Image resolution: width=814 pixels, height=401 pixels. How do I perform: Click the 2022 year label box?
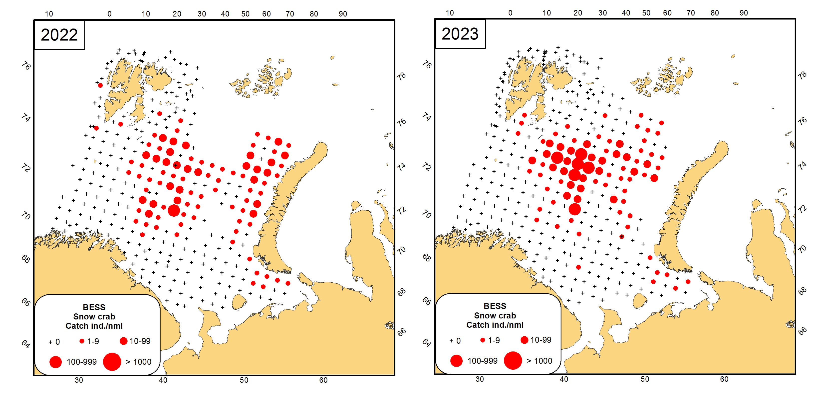point(59,35)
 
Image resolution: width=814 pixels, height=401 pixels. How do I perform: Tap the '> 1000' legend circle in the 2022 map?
point(112,361)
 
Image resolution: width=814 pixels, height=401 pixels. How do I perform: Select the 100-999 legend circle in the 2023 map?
point(456,361)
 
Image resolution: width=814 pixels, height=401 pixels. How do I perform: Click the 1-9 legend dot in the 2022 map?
point(82,341)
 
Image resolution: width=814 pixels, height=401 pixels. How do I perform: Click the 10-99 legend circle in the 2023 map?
point(524,340)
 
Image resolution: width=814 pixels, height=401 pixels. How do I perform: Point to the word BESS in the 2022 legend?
point(94,307)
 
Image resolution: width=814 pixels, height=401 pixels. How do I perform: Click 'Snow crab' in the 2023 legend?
point(495,315)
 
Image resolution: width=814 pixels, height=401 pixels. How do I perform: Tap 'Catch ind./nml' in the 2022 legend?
point(94,326)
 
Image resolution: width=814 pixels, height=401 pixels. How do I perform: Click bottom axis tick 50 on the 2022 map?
point(244,380)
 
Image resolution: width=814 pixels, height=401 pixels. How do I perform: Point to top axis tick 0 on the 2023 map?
point(510,13)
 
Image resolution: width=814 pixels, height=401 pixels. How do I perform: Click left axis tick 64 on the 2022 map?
point(26,344)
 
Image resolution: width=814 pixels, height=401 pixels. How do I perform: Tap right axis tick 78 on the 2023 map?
point(802,75)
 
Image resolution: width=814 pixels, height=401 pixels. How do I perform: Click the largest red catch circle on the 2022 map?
point(174,210)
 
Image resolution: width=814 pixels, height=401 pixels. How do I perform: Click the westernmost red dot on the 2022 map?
point(96,128)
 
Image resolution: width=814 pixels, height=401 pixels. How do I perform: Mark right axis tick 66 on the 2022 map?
point(401,332)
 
